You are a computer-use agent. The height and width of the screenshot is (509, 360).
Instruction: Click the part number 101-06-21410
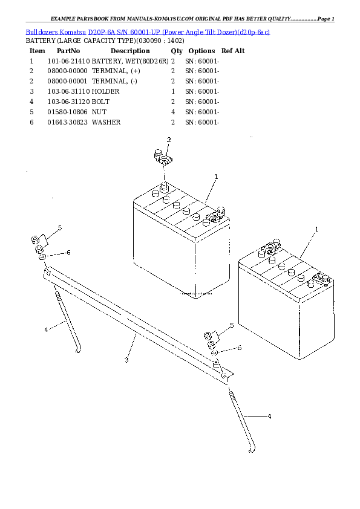coord(68,61)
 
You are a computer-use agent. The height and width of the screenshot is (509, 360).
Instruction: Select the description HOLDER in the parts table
coord(106,91)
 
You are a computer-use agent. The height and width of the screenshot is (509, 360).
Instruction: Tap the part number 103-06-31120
coord(68,102)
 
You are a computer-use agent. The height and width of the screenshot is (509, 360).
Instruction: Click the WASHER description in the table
coord(106,122)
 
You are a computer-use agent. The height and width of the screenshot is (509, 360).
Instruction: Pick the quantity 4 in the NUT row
coord(173,112)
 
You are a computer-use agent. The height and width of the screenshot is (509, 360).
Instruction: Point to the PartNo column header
coord(68,51)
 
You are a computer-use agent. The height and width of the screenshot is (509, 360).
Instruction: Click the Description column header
coord(130,51)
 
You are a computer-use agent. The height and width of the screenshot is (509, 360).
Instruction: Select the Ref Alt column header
coord(233,51)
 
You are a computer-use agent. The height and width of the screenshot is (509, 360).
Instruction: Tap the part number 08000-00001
coord(68,81)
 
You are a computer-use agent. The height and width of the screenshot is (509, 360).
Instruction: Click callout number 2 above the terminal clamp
coord(169,140)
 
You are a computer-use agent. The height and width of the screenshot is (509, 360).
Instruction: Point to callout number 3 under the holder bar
coord(126,360)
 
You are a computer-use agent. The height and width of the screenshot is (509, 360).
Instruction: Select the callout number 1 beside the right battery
coord(316,230)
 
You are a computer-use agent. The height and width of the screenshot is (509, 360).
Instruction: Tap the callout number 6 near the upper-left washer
coord(68,253)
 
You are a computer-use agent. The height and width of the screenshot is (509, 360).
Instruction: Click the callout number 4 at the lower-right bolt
coord(269,417)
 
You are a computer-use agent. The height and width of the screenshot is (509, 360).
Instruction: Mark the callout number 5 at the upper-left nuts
coord(60,227)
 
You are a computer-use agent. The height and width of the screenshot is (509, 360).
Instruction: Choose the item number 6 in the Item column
coord(31,122)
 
